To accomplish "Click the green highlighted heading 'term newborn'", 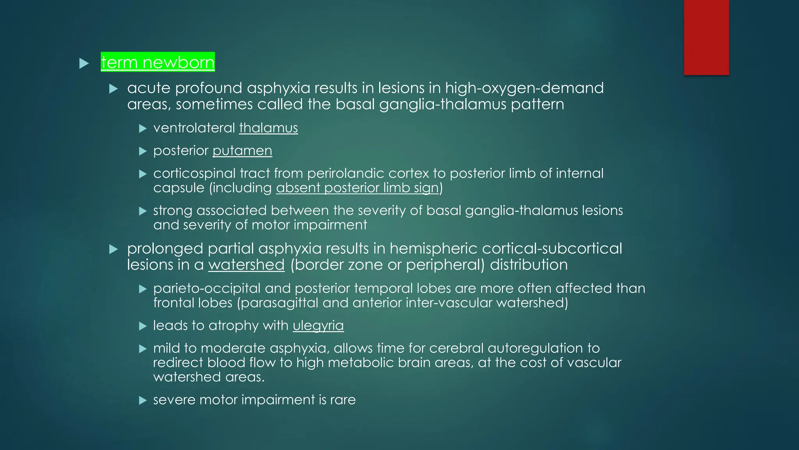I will pyautogui.click(x=158, y=62).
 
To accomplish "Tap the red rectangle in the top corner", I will pyautogui.click(x=706, y=37).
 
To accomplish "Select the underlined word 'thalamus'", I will pyautogui.click(x=268, y=128).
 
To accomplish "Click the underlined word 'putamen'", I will pyautogui.click(x=242, y=150).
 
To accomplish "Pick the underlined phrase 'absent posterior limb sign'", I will pyautogui.click(x=358, y=188).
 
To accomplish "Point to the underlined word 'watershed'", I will pyautogui.click(x=246, y=265).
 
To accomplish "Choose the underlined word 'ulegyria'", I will pyautogui.click(x=318, y=325).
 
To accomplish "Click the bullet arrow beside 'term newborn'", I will pyautogui.click(x=84, y=63).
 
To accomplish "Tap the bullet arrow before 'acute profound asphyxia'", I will pyautogui.click(x=114, y=89).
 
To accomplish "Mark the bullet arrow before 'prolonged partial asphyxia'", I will pyautogui.click(x=114, y=249).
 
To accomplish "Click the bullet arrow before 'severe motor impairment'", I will pyautogui.click(x=143, y=400).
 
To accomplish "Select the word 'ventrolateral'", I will pyautogui.click(x=194, y=128).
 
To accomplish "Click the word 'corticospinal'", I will pyautogui.click(x=194, y=173).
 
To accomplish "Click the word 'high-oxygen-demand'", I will pyautogui.click(x=524, y=88).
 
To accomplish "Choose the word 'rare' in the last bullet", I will pyautogui.click(x=343, y=400).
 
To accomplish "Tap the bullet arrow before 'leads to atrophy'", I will pyautogui.click(x=143, y=326).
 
